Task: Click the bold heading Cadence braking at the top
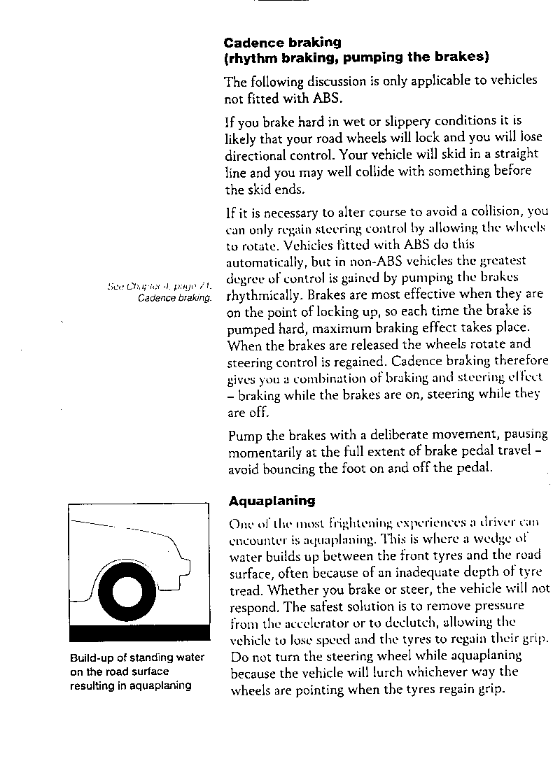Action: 282,43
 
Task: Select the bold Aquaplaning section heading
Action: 272,501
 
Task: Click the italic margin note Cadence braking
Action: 174,298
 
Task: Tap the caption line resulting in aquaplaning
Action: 130,686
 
